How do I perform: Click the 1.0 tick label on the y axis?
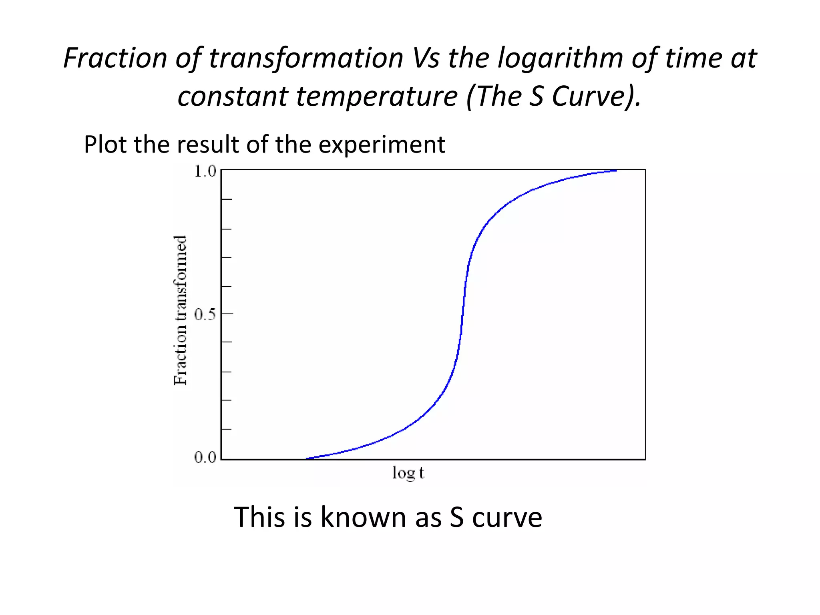205,171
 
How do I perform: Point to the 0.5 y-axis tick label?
205,315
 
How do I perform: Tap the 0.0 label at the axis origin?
205,457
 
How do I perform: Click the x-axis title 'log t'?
408,473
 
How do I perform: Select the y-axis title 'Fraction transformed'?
181,311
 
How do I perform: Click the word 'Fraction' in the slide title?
115,58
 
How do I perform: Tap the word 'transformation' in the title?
306,58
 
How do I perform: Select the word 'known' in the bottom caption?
364,517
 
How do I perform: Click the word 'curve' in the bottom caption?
507,517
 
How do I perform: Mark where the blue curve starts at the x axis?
307,458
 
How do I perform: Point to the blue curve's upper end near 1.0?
615,171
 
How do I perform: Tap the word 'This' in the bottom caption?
259,517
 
